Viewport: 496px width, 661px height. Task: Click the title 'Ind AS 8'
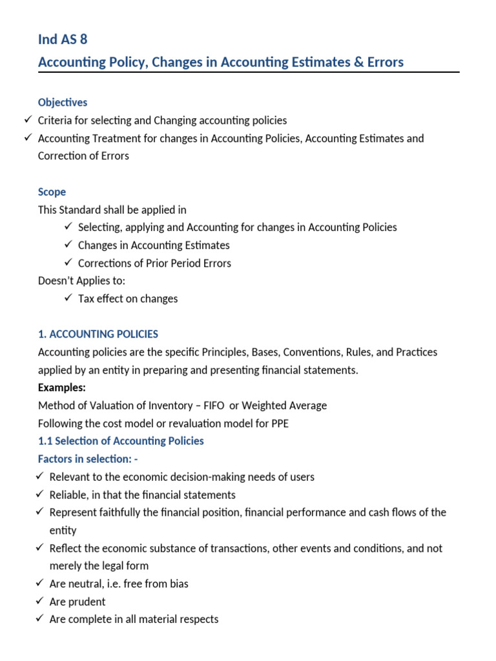pyautogui.click(x=63, y=39)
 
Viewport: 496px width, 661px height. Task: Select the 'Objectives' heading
pyautogui.click(x=63, y=103)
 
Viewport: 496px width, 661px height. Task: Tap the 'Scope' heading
pyautogui.click(x=52, y=192)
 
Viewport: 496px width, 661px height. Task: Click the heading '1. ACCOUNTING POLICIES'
pyautogui.click(x=98, y=334)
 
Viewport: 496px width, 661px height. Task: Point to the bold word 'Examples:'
pyautogui.click(x=62, y=388)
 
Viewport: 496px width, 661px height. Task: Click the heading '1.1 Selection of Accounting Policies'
pyautogui.click(x=121, y=442)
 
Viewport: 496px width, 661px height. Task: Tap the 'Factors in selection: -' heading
pyautogui.click(x=88, y=459)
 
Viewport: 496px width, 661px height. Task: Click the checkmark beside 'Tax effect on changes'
pyautogui.click(x=68, y=298)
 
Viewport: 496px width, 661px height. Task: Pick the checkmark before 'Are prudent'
pyautogui.click(x=40, y=601)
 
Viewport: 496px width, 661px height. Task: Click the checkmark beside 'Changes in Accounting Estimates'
pyautogui.click(x=68, y=245)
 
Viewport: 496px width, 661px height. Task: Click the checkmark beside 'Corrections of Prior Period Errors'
pyautogui.click(x=68, y=263)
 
